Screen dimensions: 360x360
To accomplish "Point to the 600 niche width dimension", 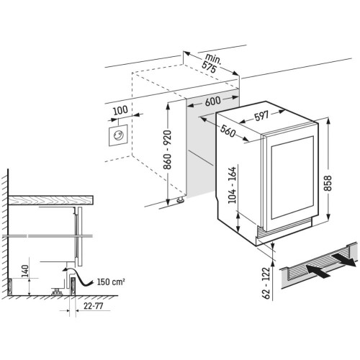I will [212, 101].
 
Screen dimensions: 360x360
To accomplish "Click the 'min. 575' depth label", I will [210, 63].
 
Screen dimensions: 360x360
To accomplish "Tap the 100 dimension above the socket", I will [121, 112].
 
